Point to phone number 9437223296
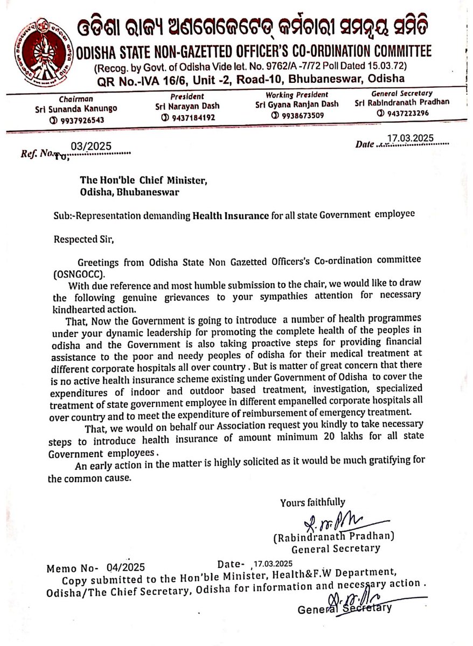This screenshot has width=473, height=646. [x=405, y=114]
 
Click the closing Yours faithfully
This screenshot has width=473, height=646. [x=312, y=502]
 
